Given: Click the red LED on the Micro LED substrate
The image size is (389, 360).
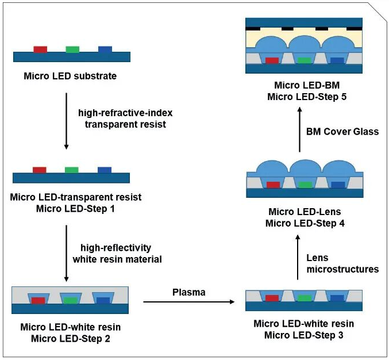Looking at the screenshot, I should click(x=40, y=49).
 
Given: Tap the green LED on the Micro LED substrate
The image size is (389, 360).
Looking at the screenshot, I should click(x=72, y=49).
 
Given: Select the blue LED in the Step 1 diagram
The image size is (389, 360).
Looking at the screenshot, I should click(x=105, y=170).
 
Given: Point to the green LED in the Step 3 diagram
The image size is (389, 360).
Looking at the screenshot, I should click(x=304, y=298).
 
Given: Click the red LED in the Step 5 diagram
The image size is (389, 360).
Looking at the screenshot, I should click(x=272, y=60).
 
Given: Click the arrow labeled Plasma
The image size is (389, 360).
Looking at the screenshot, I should click(x=190, y=301).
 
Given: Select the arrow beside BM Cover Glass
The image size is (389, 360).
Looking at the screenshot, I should click(x=299, y=132).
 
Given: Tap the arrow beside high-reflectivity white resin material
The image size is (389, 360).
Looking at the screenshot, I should click(x=67, y=253).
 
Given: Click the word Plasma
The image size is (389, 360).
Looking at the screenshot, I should click(x=189, y=292).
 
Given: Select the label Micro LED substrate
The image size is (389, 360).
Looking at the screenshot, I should click(x=70, y=76).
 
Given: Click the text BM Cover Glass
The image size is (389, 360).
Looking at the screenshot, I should click(x=343, y=132).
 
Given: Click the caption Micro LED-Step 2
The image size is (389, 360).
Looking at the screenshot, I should click(x=71, y=338).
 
